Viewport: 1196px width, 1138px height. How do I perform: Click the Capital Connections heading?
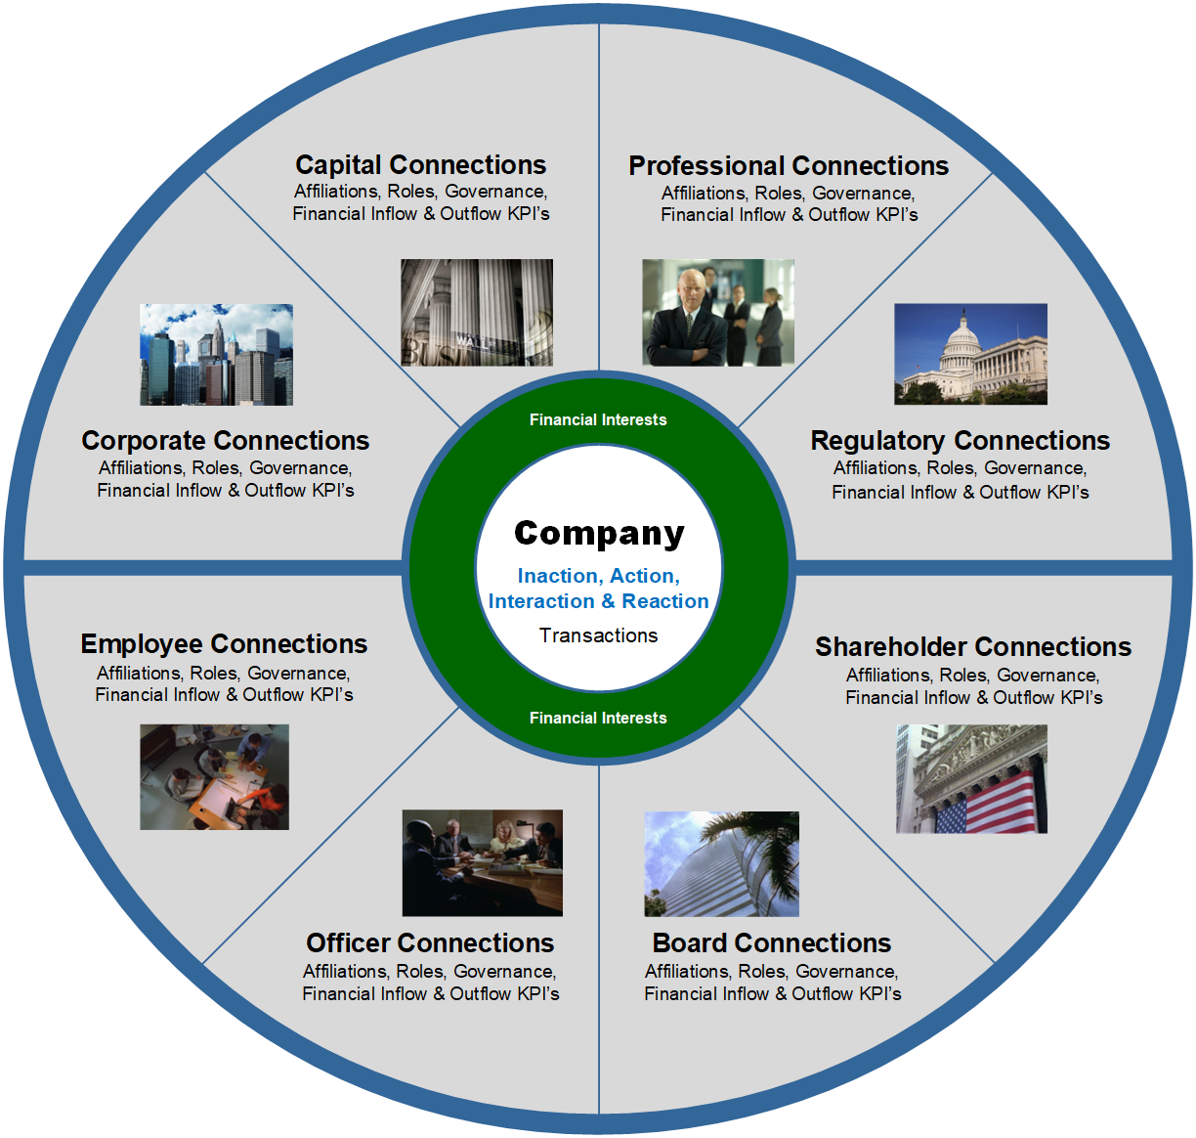click(420, 164)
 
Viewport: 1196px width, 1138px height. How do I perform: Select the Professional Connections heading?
click(789, 165)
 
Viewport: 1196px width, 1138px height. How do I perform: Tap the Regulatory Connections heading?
click(961, 441)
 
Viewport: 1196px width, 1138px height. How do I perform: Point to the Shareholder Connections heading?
click(973, 647)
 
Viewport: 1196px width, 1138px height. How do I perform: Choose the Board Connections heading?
click(772, 943)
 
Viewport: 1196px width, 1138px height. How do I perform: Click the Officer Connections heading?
click(430, 943)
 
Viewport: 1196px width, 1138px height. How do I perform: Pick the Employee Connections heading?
click(224, 644)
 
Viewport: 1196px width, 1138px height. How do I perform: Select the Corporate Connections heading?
click(226, 441)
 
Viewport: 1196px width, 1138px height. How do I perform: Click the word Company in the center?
click(599, 533)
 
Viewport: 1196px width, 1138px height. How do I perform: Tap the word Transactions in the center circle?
click(599, 635)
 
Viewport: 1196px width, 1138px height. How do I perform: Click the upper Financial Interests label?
click(598, 419)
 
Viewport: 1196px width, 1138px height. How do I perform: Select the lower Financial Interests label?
click(598, 718)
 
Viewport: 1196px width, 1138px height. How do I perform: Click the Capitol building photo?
click(970, 354)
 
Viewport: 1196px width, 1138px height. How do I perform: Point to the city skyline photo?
click(216, 354)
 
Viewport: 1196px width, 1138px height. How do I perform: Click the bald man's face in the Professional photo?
click(688, 287)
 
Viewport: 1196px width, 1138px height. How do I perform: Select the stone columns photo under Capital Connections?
click(477, 312)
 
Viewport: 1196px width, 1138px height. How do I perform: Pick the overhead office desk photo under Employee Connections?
click(214, 777)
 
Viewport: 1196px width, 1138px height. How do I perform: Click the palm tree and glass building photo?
click(721, 863)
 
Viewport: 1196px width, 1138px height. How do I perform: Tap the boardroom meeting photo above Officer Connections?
click(482, 862)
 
